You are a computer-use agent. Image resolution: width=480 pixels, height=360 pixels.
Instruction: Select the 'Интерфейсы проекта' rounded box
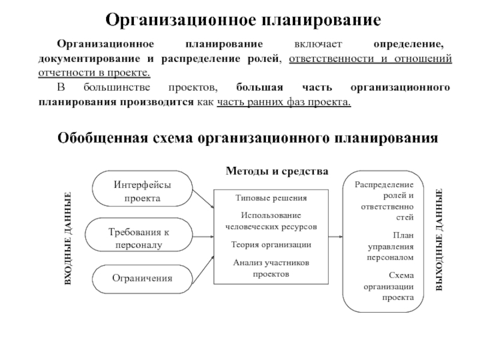[142, 190]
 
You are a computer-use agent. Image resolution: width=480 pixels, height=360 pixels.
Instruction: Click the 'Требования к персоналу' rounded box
[142, 238]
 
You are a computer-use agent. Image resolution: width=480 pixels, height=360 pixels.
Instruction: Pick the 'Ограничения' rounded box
[142, 278]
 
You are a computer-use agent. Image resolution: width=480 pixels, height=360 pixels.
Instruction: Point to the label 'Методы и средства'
[277, 171]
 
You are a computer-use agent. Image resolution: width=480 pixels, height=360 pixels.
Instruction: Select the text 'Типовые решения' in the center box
[271, 198]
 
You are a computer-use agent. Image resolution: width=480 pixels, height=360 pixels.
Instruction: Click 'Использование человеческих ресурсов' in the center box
[271, 220]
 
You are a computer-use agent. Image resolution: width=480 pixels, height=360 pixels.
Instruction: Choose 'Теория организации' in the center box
[271, 244]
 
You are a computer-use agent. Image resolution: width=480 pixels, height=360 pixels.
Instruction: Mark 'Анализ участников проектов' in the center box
[271, 268]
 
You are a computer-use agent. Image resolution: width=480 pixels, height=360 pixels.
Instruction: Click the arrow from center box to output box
[336, 236]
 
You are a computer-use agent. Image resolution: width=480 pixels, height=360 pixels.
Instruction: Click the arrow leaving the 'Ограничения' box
[203, 267]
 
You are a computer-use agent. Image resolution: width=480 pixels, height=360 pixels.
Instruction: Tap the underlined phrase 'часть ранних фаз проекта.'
[284, 101]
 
